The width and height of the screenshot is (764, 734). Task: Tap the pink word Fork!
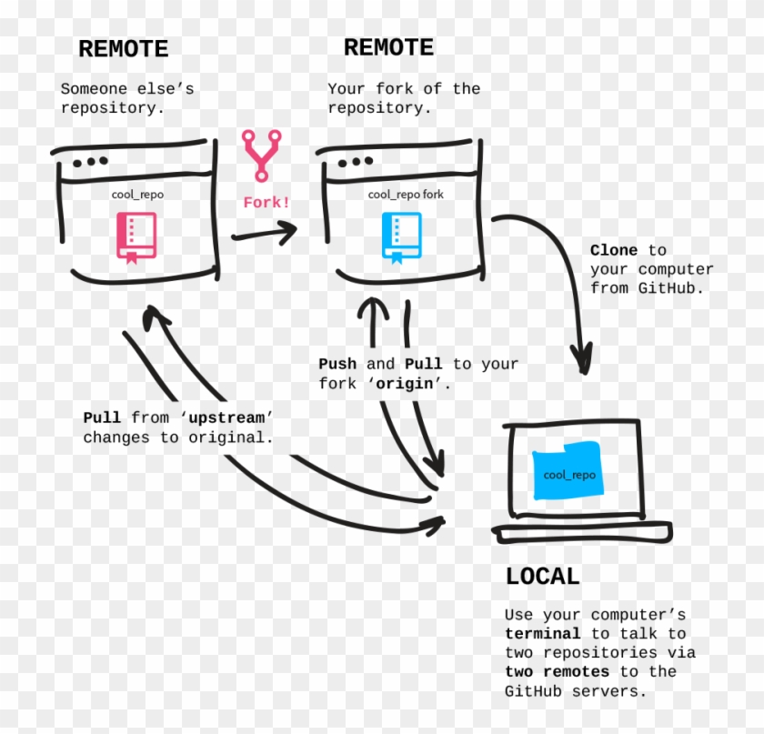click(266, 202)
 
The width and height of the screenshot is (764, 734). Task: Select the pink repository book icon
click(136, 237)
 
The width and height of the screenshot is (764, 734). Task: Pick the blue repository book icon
click(401, 237)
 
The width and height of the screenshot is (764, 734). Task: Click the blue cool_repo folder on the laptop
click(569, 470)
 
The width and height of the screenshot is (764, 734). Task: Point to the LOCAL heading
click(542, 576)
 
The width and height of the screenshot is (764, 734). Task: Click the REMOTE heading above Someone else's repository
click(123, 49)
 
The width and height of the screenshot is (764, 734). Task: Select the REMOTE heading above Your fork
click(388, 47)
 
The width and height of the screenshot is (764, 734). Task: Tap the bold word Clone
click(614, 250)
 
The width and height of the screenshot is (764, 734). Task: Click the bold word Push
click(337, 364)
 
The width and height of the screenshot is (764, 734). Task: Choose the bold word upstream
click(227, 417)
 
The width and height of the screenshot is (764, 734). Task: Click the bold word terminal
click(542, 633)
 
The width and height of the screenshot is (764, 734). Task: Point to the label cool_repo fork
click(406, 195)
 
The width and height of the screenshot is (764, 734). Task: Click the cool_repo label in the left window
click(137, 195)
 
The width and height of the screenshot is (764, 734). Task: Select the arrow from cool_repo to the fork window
click(264, 235)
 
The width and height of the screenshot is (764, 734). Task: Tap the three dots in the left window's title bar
click(90, 163)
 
